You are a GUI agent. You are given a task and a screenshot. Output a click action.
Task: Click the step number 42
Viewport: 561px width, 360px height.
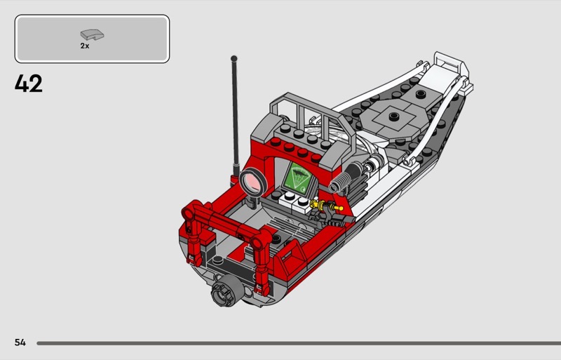pos(29,84)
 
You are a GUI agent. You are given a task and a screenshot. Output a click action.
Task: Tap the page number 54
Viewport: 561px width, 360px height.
pos(20,342)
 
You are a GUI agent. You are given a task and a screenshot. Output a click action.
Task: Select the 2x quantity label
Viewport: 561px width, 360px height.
pos(85,46)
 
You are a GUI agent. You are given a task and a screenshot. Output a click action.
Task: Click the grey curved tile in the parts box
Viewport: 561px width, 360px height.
pos(92,34)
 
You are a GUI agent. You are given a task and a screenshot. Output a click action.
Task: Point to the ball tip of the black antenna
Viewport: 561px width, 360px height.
pos(234,58)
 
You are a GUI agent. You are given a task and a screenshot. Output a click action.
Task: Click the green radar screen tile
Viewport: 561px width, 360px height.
pos(297,178)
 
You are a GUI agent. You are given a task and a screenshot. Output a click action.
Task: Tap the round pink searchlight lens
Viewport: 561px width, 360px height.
pos(253,182)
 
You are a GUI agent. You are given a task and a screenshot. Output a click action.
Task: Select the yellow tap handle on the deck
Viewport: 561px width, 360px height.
pos(326,206)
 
